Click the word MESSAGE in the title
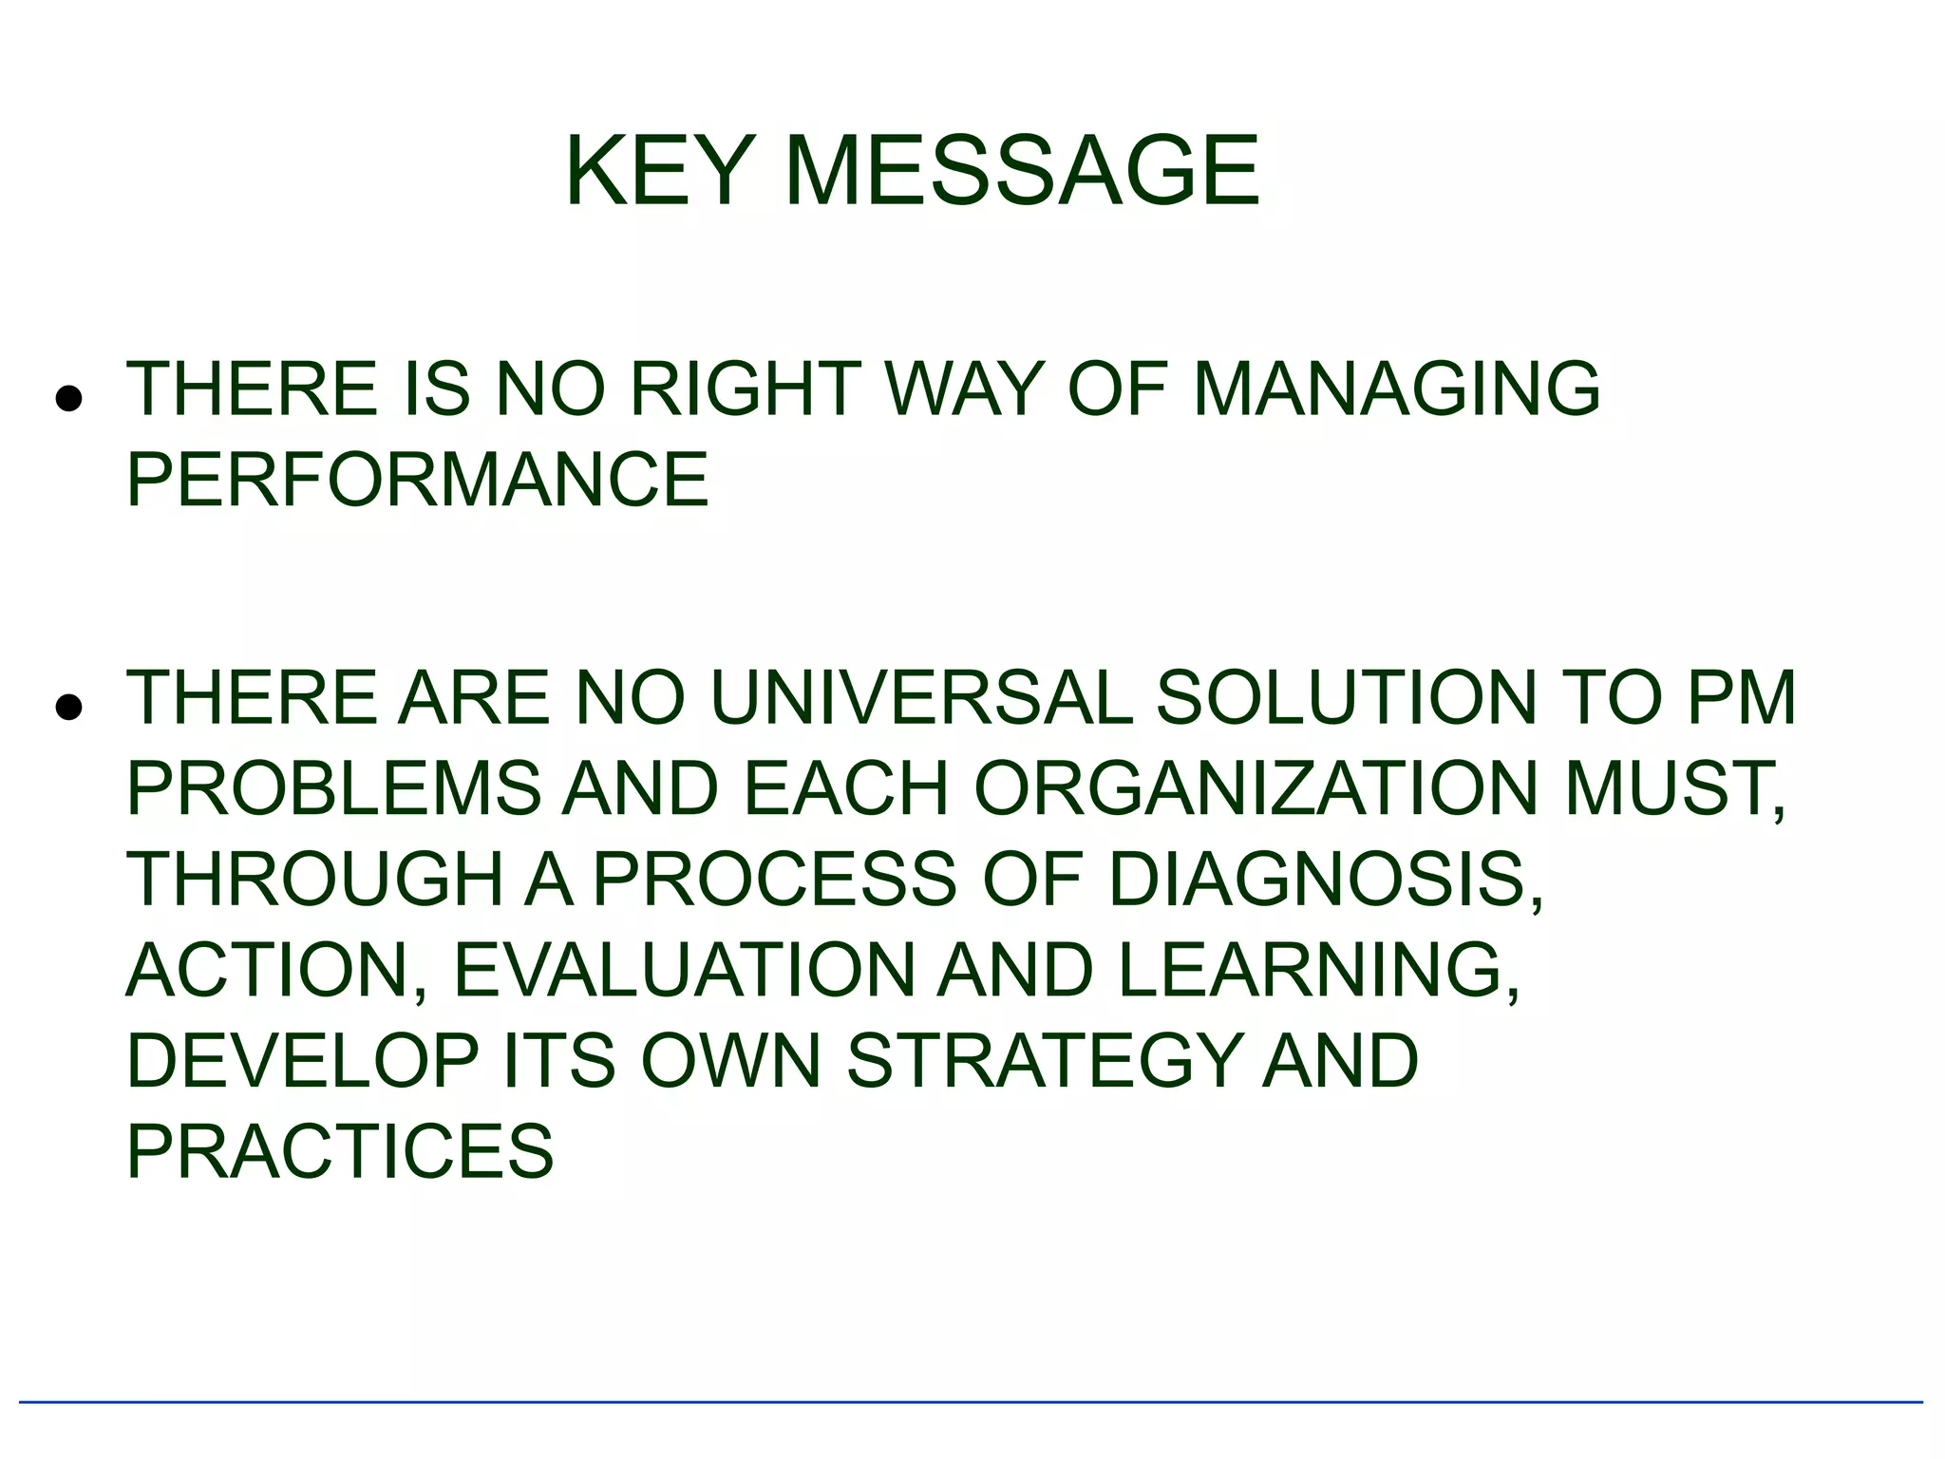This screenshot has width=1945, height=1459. click(1022, 172)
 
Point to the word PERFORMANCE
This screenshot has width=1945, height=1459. click(417, 480)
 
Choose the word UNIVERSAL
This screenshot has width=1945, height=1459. click(921, 698)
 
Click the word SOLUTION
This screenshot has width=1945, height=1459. click(1346, 698)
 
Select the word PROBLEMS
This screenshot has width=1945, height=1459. click(333, 788)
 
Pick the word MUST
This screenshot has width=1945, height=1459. click(1673, 788)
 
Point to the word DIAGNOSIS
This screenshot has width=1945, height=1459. click(1325, 879)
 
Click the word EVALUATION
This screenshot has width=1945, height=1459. click(684, 970)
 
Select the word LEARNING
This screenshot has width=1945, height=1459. click(1318, 970)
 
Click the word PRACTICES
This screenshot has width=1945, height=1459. click(340, 1151)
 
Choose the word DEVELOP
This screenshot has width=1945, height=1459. click(303, 1060)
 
